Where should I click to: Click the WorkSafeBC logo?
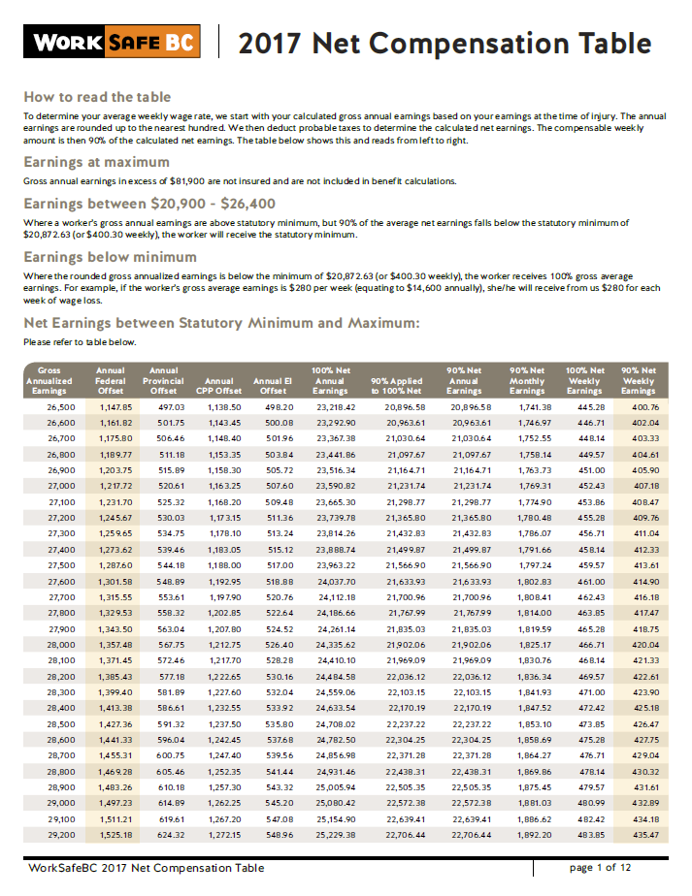(x=114, y=43)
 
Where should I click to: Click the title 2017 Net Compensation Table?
(x=445, y=44)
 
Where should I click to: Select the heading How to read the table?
(x=97, y=97)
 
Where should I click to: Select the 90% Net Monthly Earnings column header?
(x=527, y=380)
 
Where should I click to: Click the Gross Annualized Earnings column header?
(x=49, y=380)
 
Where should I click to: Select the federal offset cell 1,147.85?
(x=114, y=407)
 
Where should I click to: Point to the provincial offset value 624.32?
(x=169, y=834)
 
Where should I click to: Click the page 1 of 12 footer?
(x=600, y=867)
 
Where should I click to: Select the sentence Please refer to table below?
(x=80, y=342)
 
